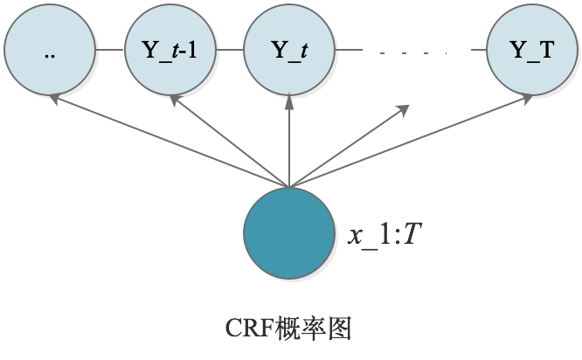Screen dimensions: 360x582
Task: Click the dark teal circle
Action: [288, 229]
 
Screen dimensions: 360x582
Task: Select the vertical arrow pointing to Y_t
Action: [288, 140]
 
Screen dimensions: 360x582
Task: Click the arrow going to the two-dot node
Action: [166, 140]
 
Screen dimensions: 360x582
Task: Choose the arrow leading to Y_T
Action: [411, 142]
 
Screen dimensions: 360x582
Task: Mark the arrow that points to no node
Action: [350, 145]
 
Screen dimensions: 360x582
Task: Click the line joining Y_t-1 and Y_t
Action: [229, 50]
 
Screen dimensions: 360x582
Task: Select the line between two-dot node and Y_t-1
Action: [109, 50]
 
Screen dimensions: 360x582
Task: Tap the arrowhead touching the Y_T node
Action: [530, 99]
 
